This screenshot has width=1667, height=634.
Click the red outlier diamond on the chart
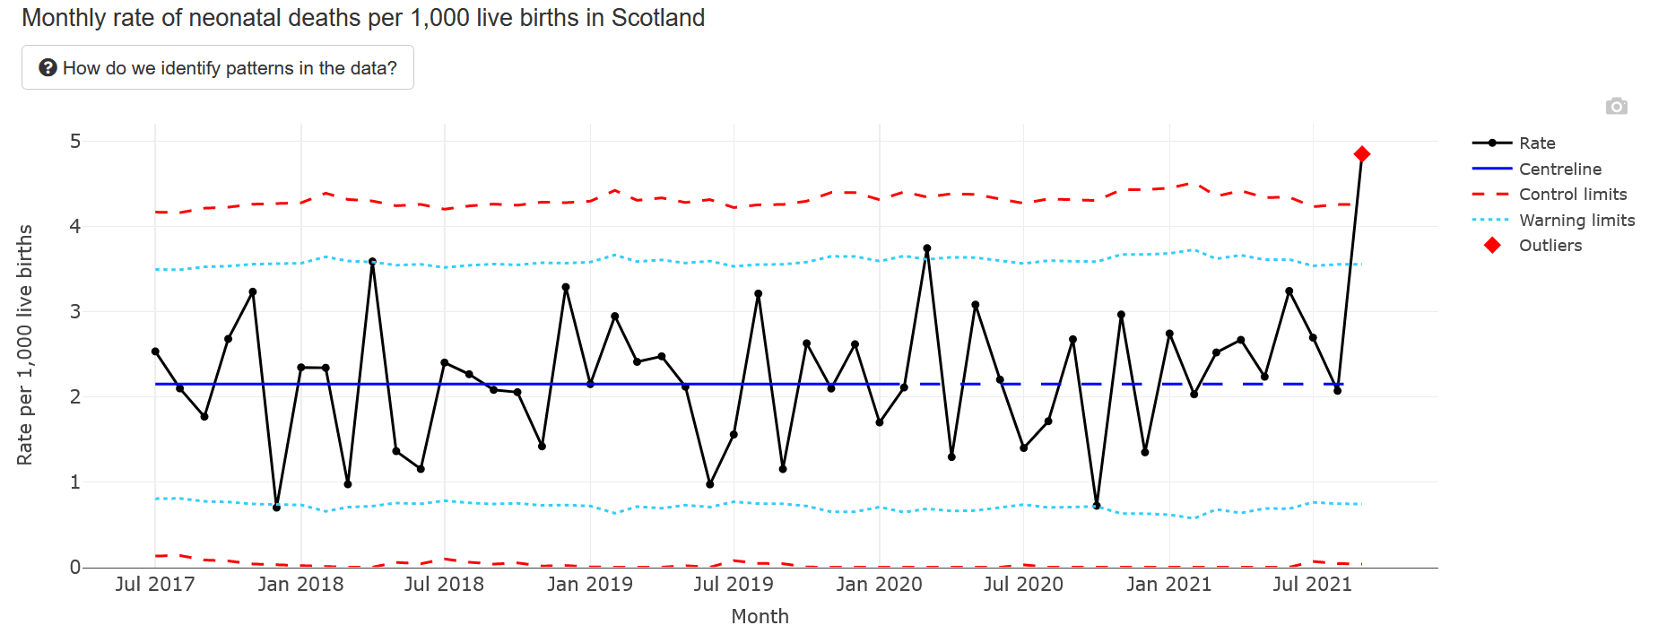coord(1361,154)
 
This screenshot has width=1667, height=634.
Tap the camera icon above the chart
coord(1616,107)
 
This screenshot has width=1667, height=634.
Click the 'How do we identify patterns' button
coord(218,68)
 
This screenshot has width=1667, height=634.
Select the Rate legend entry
coord(1536,143)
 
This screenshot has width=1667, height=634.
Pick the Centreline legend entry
coord(1559,169)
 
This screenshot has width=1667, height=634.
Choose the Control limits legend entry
coord(1572,195)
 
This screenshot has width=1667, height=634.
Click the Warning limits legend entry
coord(1576,221)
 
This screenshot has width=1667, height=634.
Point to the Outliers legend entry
coord(1550,246)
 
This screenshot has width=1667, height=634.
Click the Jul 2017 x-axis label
coord(155,585)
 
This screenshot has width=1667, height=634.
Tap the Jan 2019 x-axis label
coord(589,585)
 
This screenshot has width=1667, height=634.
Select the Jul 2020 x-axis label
coord(1023,585)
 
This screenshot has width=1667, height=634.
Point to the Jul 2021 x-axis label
coord(1312,585)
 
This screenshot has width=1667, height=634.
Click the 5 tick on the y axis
coord(75,142)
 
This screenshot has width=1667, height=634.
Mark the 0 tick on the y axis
coord(75,568)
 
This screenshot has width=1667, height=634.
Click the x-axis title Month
coord(760,617)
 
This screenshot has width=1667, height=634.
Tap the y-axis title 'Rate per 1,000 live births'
coord(25,345)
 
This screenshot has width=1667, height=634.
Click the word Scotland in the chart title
coord(658,18)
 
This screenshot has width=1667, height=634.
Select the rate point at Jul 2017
coord(155,352)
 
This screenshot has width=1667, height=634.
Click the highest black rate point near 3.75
coord(926,248)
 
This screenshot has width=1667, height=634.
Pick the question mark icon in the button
coord(48,68)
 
